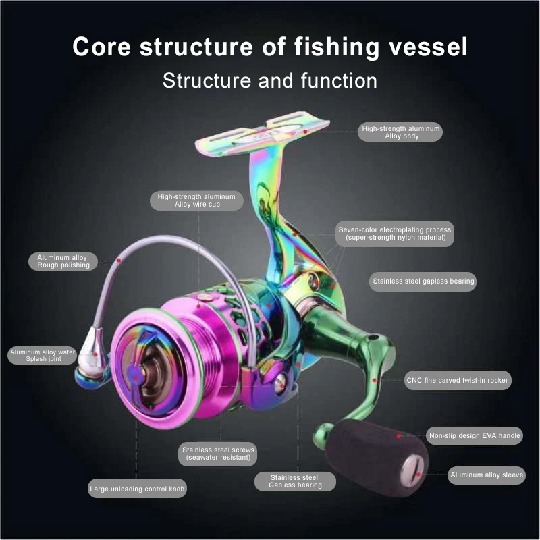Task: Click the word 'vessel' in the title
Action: (x=428, y=47)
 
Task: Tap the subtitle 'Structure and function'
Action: (x=270, y=80)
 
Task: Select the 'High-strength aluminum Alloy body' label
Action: (x=400, y=132)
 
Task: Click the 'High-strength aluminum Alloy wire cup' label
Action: (x=196, y=200)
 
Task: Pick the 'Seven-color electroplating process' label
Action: (x=395, y=234)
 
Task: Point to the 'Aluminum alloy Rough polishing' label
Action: (x=63, y=261)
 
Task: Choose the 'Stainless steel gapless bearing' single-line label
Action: (x=423, y=281)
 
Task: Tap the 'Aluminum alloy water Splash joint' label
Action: (x=43, y=356)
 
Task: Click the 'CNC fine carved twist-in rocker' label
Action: (x=458, y=380)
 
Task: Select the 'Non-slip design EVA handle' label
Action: (x=475, y=435)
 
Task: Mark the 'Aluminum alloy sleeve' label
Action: (x=487, y=475)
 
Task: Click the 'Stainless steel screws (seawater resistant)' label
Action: (x=218, y=454)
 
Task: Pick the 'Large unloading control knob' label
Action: (x=137, y=489)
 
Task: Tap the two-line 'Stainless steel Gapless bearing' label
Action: (x=295, y=481)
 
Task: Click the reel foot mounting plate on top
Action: (x=262, y=132)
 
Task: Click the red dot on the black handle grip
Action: (x=399, y=436)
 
